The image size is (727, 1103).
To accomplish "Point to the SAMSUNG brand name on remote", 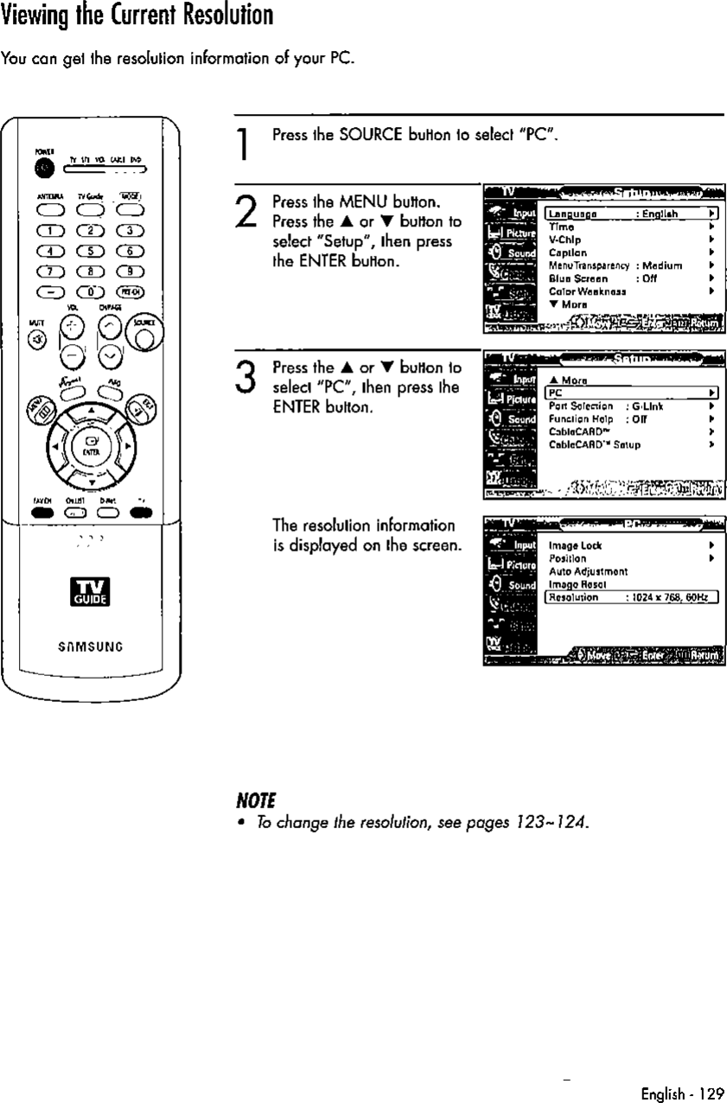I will coord(89,642).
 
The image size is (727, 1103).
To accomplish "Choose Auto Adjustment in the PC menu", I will coord(588,571).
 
